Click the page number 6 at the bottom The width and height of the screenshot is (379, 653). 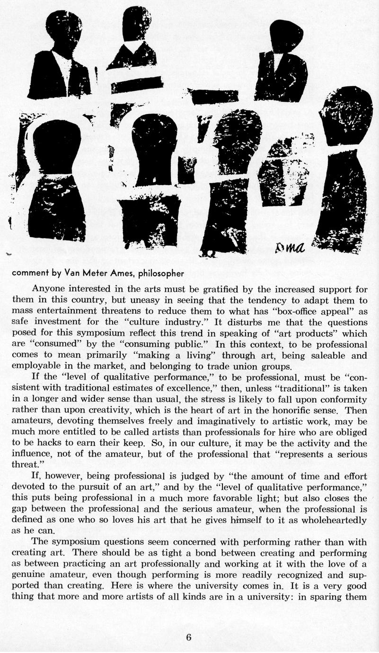click(189, 637)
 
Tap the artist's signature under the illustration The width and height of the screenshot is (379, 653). click(292, 246)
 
